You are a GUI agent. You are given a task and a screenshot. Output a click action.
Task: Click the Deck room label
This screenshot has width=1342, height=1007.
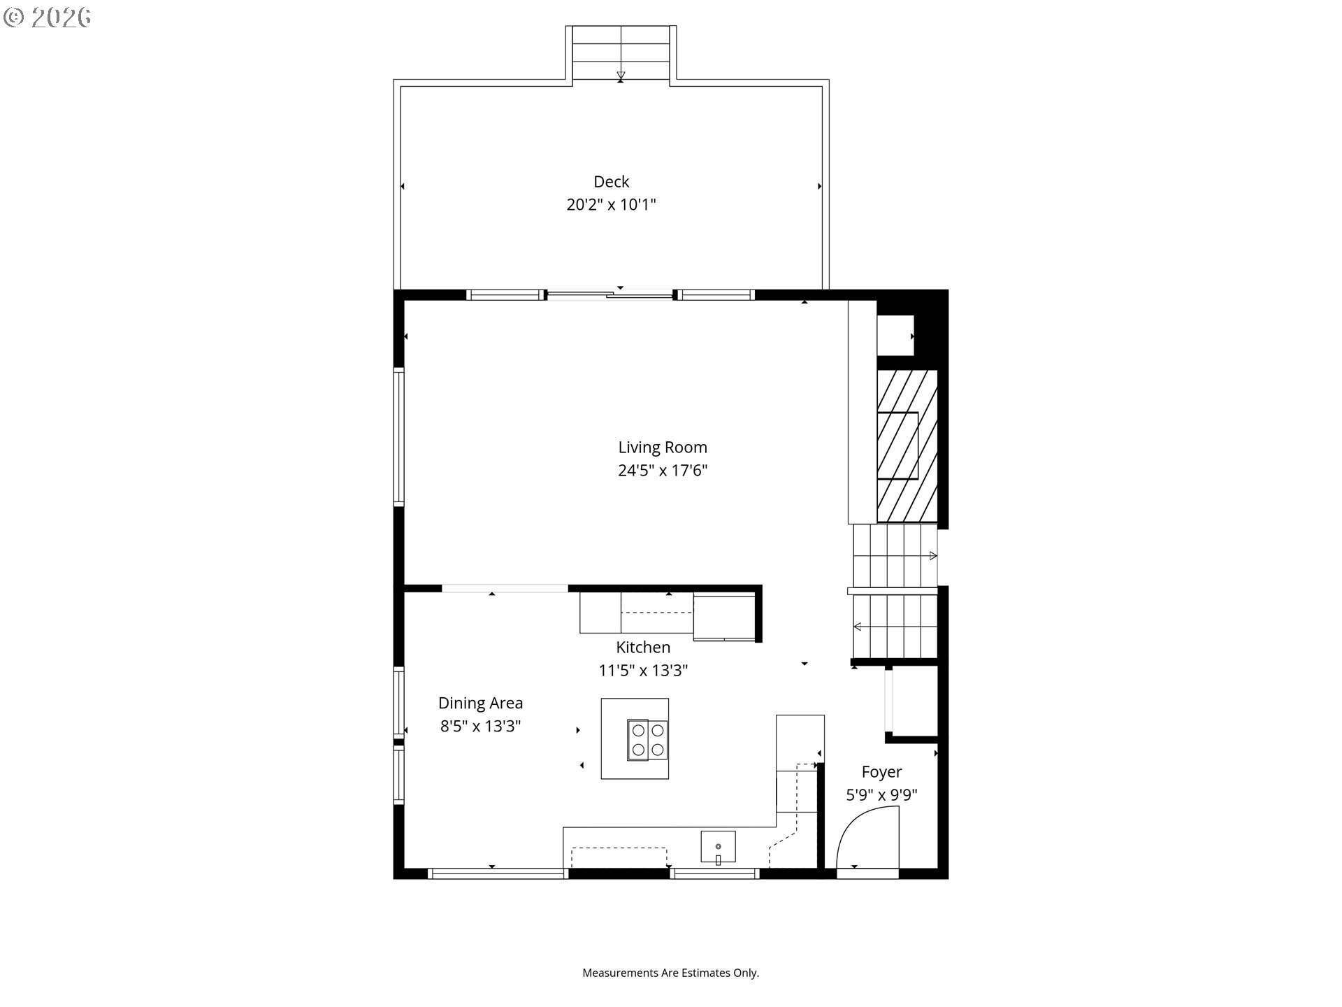(611, 182)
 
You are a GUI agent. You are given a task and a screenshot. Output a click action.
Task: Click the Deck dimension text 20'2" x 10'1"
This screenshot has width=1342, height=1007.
(611, 205)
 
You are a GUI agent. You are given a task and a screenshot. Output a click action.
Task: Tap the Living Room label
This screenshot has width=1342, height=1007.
(662, 448)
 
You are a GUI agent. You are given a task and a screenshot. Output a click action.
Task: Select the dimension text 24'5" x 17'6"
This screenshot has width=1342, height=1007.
(662, 471)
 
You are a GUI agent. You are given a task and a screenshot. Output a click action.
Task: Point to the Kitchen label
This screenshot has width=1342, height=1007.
(642, 648)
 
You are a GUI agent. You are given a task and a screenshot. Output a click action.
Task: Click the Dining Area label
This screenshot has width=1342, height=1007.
(480, 704)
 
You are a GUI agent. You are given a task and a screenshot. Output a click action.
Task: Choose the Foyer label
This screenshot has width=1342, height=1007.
(881, 772)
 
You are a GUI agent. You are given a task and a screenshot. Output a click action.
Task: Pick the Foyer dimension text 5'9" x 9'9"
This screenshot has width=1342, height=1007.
(881, 795)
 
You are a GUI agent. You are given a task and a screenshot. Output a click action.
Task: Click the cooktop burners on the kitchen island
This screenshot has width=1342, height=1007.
(647, 740)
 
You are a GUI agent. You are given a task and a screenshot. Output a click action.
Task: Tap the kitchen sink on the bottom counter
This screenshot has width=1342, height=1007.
(718, 848)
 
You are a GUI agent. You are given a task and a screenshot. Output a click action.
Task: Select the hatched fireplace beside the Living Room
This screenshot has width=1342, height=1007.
(907, 445)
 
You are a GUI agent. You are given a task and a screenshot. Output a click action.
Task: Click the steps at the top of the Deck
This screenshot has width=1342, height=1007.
(621, 53)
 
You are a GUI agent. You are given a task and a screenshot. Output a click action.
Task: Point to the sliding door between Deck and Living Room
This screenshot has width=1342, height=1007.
(609, 295)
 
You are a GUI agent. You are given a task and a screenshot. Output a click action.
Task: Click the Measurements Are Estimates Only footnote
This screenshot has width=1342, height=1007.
(670, 973)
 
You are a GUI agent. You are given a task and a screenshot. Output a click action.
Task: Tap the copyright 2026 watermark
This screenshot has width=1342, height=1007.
(48, 17)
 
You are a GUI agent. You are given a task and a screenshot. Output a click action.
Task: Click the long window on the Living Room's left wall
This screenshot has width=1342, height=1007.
(398, 436)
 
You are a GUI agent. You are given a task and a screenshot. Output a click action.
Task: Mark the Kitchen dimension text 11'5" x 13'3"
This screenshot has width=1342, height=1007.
(642, 671)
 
